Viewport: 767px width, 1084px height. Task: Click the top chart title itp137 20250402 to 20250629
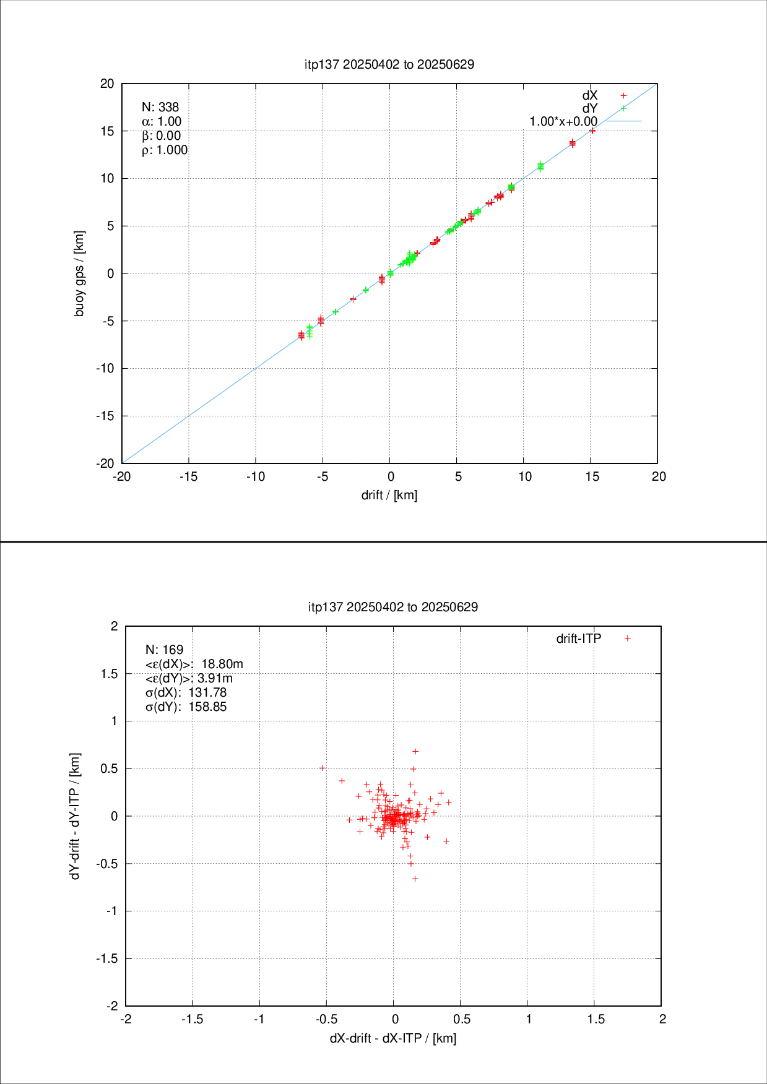tap(389, 64)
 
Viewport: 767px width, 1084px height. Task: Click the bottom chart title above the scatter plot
tap(393, 607)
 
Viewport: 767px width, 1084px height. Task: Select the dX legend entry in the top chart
tap(590, 95)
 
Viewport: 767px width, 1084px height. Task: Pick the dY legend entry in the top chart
tap(590, 108)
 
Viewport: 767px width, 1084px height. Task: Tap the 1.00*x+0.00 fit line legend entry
tap(563, 121)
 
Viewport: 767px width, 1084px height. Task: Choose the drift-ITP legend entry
tap(579, 639)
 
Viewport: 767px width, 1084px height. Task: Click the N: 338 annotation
tap(160, 107)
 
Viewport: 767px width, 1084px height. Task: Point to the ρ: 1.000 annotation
tap(165, 150)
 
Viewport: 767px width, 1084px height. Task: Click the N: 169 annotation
tap(164, 650)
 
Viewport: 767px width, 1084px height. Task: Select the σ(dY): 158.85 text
tap(186, 707)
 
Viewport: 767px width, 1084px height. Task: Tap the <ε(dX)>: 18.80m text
tap(194, 664)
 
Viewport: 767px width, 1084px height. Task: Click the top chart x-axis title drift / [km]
tap(389, 495)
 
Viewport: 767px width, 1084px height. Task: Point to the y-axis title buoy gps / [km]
tap(79, 273)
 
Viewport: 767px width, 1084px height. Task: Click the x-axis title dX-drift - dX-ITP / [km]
tap(393, 1038)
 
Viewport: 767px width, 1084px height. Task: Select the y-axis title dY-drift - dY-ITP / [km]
tap(76, 816)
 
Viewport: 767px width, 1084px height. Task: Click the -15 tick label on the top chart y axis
tap(105, 416)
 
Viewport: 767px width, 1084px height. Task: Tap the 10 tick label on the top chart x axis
tap(525, 476)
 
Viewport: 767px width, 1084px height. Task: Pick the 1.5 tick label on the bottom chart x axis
tap(596, 1019)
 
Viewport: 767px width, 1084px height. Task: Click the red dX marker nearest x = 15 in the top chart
tap(592, 131)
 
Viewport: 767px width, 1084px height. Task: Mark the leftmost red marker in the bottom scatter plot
tap(322, 768)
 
